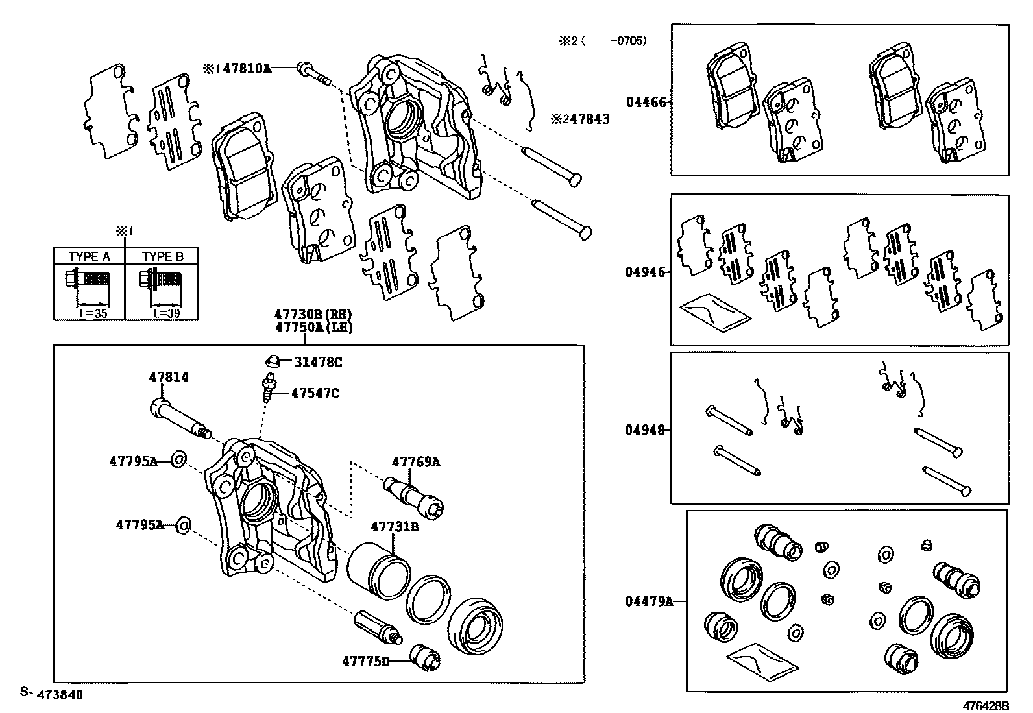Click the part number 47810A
tap(247, 67)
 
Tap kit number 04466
tap(645, 102)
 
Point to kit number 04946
tap(645, 272)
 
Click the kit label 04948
tap(645, 429)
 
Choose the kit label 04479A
tap(648, 601)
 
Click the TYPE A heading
tap(89, 256)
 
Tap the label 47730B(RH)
tap(313, 316)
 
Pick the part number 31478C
tap(317, 363)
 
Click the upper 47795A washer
tap(179, 461)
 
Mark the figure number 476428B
tap(986, 705)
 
